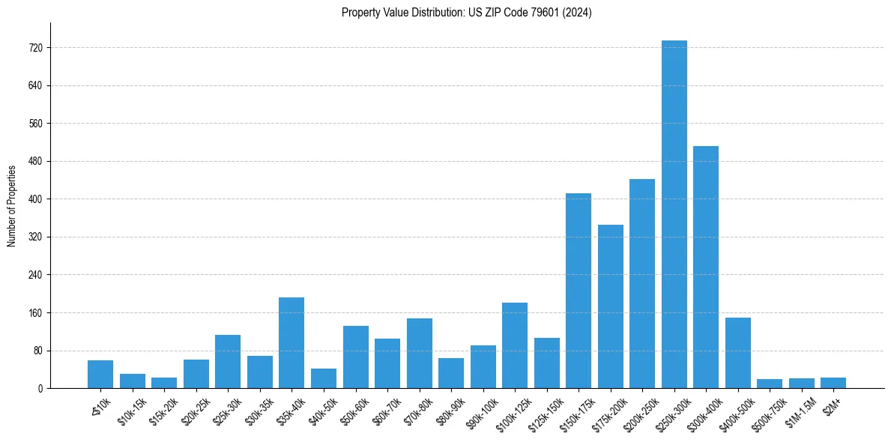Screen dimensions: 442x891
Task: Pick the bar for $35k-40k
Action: pyautogui.click(x=292, y=343)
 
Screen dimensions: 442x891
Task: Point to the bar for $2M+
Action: pyautogui.click(x=833, y=383)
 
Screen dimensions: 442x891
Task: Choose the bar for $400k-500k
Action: pyautogui.click(x=737, y=353)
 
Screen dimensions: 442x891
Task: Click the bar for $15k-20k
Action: pyautogui.click(x=164, y=383)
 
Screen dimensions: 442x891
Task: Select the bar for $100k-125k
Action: pyautogui.click(x=515, y=345)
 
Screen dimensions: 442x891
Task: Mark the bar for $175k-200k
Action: pyautogui.click(x=610, y=306)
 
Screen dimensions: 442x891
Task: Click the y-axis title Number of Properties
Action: pyautogui.click(x=12, y=206)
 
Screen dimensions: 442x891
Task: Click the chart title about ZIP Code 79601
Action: pyautogui.click(x=466, y=13)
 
